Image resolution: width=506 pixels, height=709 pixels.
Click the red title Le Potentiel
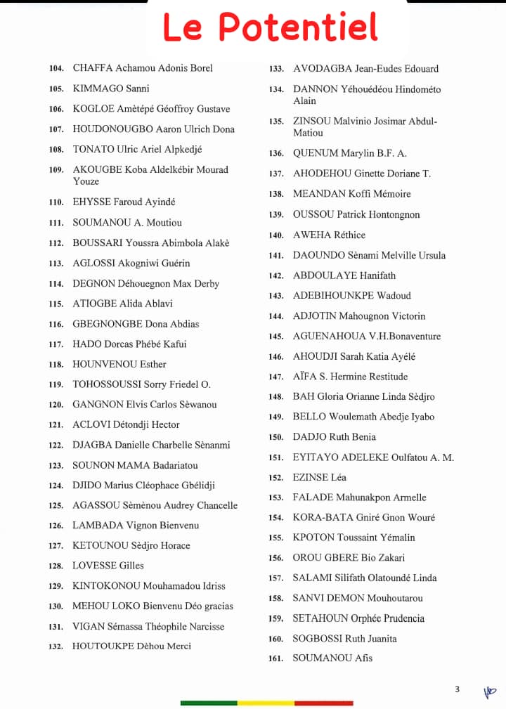pyautogui.click(x=271, y=27)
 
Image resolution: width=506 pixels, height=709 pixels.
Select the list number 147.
pyautogui.click(x=276, y=377)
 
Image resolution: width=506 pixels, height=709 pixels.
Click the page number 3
pyautogui.click(x=457, y=689)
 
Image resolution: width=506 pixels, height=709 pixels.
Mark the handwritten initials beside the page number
pyautogui.click(x=489, y=691)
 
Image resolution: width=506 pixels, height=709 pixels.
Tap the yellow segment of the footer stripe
pyautogui.click(x=266, y=703)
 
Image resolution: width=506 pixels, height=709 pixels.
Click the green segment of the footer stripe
pyautogui.click(x=209, y=703)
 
